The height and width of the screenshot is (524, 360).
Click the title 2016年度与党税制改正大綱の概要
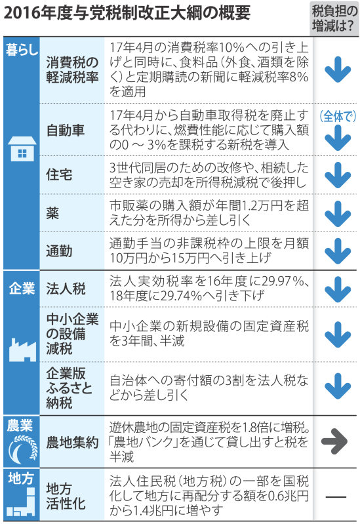[x=127, y=13]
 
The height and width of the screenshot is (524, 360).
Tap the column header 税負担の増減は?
[x=334, y=19]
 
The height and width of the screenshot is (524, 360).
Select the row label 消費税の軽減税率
[x=72, y=70]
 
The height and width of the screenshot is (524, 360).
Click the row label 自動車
[x=65, y=130]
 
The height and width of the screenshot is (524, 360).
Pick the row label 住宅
[x=59, y=174]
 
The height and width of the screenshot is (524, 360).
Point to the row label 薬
[x=53, y=213]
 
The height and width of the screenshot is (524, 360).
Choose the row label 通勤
[x=59, y=251]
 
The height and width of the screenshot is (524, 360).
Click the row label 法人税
[x=66, y=289]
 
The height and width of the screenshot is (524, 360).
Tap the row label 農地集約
[x=72, y=442]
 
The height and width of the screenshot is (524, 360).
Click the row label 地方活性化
[x=66, y=496]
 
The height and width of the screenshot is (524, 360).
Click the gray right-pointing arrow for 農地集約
[x=334, y=441]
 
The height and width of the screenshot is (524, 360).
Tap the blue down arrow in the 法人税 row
[x=338, y=289]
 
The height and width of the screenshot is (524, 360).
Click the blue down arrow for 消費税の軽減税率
[x=338, y=70]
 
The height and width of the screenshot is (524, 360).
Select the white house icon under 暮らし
[x=22, y=149]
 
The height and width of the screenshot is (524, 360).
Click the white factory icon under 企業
[x=22, y=350]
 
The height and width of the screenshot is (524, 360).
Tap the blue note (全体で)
[x=338, y=116]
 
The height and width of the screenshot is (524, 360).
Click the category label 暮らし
[x=22, y=50]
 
